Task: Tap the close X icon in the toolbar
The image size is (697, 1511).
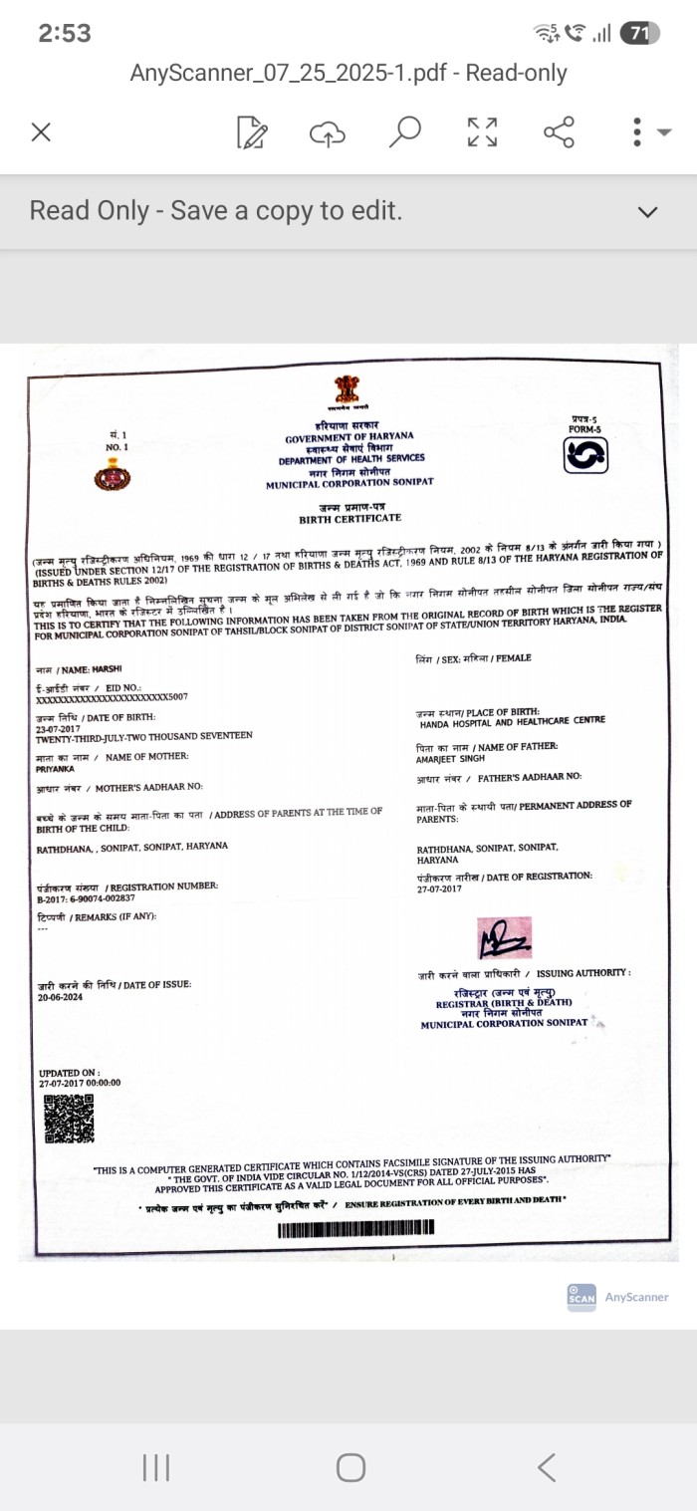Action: (41, 132)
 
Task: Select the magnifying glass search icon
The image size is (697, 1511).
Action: (404, 131)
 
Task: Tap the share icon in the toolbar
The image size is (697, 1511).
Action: (559, 131)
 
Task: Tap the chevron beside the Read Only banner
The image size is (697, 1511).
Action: (647, 212)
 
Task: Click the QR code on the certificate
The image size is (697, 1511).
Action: (69, 1118)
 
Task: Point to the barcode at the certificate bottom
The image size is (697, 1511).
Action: (356, 1230)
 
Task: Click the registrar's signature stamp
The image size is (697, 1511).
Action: (505, 937)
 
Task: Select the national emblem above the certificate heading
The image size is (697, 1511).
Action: (346, 392)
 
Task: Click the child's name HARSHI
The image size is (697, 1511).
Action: (107, 669)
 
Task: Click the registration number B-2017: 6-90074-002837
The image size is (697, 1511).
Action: (86, 898)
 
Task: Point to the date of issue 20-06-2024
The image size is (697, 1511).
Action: (61, 996)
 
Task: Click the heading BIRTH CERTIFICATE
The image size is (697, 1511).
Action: (349, 519)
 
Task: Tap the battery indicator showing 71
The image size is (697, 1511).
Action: (639, 33)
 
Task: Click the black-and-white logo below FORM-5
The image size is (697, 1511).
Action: (585, 455)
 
